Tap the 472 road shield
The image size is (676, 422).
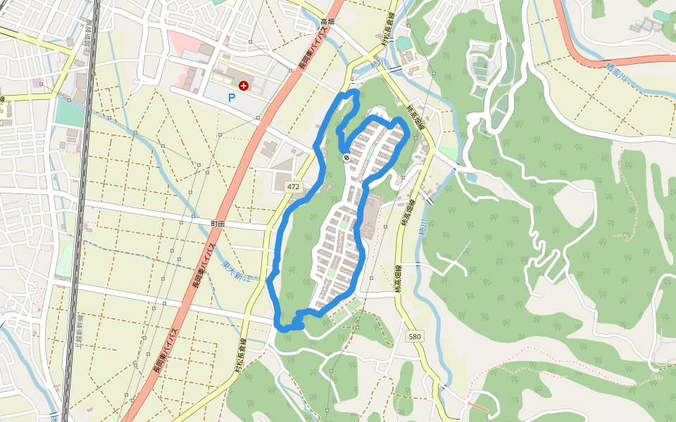point(294,187)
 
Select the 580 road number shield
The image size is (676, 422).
point(415,337)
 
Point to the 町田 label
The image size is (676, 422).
point(218,223)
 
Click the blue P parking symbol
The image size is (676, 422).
point(231,98)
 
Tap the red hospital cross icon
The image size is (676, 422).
point(244,86)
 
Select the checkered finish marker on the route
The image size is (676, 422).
point(346,158)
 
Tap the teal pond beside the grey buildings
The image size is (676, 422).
point(661,15)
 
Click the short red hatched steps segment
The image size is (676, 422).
point(478,407)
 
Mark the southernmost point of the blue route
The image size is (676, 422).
point(285,328)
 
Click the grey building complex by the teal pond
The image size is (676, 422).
point(649,25)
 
